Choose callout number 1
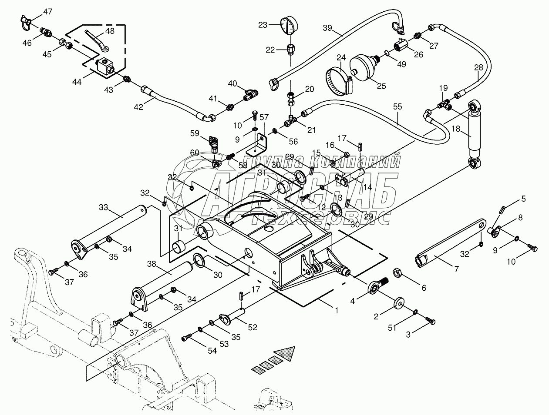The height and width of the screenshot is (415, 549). coord(336,310)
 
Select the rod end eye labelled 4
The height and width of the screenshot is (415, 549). coord(374,287)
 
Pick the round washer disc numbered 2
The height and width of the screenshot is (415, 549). coord(399,302)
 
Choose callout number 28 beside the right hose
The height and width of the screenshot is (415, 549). coord(478,67)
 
